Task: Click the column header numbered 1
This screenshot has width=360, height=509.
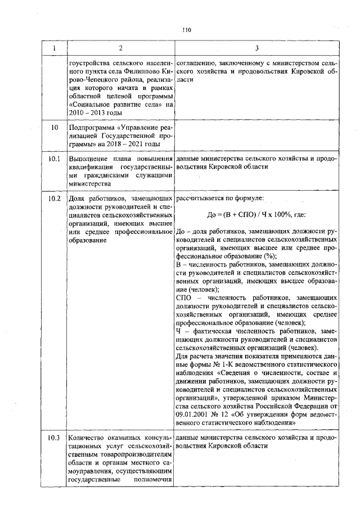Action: (x=55, y=48)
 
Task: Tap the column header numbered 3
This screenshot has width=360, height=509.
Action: (x=256, y=48)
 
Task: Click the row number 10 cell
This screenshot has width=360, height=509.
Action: (x=55, y=128)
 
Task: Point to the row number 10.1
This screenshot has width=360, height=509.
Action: (x=55, y=159)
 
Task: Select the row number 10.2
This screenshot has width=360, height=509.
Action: (x=55, y=199)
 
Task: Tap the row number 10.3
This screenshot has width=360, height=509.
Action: (x=55, y=438)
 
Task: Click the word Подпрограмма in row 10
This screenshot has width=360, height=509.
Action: (x=88, y=128)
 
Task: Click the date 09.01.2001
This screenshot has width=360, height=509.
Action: (x=193, y=413)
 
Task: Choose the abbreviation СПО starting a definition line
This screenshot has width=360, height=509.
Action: (x=184, y=297)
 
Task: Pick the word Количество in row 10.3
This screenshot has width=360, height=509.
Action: (x=87, y=438)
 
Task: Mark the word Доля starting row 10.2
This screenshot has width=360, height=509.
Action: (x=76, y=199)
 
